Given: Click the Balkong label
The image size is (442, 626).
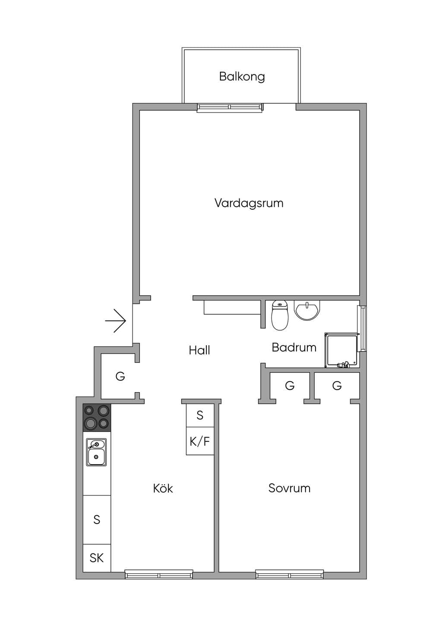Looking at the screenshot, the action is point(242,77).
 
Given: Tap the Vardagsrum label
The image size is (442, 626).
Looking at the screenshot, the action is point(249,203).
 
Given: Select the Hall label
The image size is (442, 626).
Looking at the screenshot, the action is point(199,350).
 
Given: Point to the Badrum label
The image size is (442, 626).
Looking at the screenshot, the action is point(294,348).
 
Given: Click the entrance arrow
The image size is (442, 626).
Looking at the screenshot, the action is point(116,321).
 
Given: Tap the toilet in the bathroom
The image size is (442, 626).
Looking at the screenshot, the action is point(280,315).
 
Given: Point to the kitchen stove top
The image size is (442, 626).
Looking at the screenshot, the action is point(97,418).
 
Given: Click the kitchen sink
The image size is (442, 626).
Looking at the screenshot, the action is point(96,452).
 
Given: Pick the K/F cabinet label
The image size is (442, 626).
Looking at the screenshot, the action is point(199,442).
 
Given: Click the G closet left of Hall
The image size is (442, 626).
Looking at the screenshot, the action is point(120,377).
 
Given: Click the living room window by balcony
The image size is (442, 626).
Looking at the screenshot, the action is point(230,108).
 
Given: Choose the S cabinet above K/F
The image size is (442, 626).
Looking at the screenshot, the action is point(200,415).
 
